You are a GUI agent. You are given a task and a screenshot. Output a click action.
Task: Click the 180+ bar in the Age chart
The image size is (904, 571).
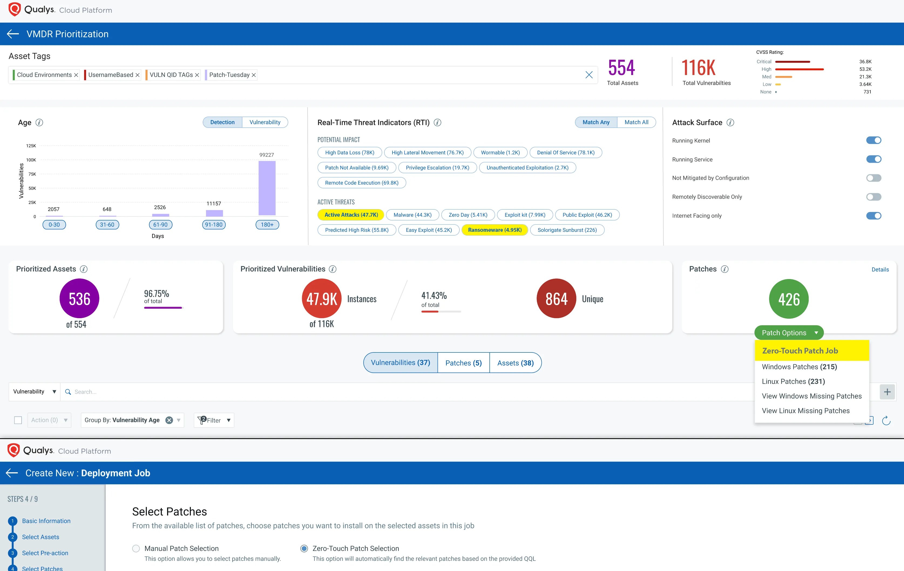267,188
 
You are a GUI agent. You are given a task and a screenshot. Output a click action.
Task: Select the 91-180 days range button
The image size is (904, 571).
214,225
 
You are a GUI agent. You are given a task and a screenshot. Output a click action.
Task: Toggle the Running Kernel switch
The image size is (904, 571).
873,140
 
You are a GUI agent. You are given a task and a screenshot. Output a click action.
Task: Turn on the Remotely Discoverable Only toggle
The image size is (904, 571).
873,197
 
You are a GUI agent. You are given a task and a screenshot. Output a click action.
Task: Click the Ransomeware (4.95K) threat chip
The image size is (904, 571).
495,230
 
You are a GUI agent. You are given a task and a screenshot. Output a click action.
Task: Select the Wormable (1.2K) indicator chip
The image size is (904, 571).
500,152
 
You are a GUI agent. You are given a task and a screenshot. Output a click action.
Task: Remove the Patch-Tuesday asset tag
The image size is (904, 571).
254,75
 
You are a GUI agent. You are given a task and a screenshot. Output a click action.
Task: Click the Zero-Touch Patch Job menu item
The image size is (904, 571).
800,351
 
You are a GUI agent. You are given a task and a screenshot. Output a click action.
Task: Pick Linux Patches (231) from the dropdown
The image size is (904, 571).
793,381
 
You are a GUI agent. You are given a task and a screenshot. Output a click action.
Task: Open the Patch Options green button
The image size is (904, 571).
789,333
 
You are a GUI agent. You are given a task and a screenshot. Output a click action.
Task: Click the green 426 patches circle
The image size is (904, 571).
788,299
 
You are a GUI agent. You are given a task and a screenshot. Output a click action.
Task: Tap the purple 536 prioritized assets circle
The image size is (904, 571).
79,298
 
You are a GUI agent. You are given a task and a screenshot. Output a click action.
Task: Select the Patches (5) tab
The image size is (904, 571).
463,363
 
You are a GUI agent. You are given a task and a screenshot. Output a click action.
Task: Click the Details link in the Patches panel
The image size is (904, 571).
880,270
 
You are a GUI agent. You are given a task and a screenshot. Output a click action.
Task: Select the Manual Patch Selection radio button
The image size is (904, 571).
136,549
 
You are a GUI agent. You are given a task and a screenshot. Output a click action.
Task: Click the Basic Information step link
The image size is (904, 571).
46,521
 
